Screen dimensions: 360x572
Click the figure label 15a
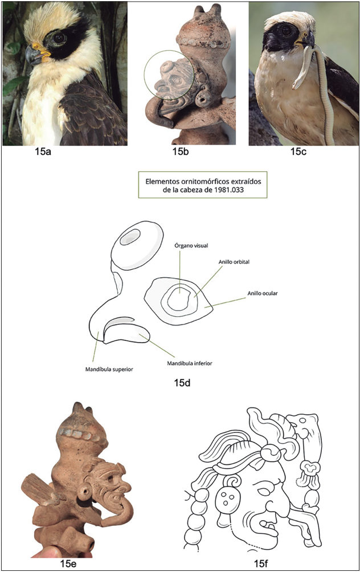click(43, 151)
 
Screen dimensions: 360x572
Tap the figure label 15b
click(181, 151)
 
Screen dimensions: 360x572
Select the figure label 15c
click(298, 151)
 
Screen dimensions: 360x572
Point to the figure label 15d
click(182, 382)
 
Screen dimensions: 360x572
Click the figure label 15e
click(68, 563)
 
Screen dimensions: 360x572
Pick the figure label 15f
click(261, 563)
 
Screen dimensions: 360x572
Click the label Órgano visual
click(191, 245)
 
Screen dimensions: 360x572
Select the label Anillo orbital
click(234, 262)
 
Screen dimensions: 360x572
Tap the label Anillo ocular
click(263, 293)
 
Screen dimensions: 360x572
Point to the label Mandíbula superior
click(109, 369)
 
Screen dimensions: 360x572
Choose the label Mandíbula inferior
click(190, 363)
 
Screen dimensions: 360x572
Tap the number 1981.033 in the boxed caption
click(230, 190)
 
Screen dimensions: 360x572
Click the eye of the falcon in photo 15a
click(59, 38)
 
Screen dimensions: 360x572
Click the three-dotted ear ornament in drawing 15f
click(226, 497)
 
